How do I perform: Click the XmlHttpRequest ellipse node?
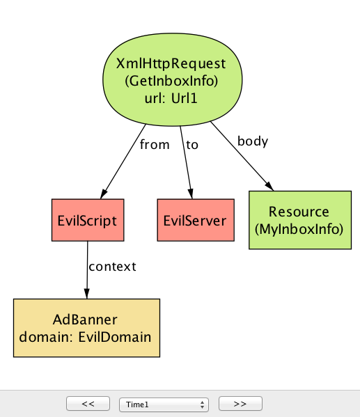pos(173,79)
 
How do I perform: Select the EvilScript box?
pos(88,220)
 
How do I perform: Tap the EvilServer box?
pos(196,220)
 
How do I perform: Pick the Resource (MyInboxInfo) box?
pos(300,220)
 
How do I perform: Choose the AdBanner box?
pos(86,328)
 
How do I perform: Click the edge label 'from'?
pos(155,145)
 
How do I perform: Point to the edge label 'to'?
pos(192,145)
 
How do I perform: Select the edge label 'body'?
pos(253,141)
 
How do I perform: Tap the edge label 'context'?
pos(112,267)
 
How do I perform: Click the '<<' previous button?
pos(88,404)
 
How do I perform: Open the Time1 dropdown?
pos(164,404)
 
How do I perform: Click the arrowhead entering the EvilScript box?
pos(104,194)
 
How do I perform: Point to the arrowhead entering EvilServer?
pos(191,194)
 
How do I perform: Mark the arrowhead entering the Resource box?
pos(269,186)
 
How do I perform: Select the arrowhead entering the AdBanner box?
pos(87,294)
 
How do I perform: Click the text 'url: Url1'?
pos(171,98)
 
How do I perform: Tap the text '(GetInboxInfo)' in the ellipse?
pos(171,81)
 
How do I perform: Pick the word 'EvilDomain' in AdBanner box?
pos(115,337)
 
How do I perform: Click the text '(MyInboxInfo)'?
pos(299,229)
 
